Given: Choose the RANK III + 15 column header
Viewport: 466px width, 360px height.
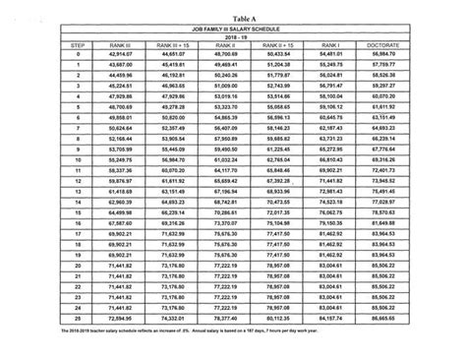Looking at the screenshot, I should tap(164, 45).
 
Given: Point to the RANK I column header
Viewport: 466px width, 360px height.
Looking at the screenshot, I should tap(343, 45).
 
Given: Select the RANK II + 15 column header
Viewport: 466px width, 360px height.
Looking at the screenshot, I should tap(282, 45).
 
